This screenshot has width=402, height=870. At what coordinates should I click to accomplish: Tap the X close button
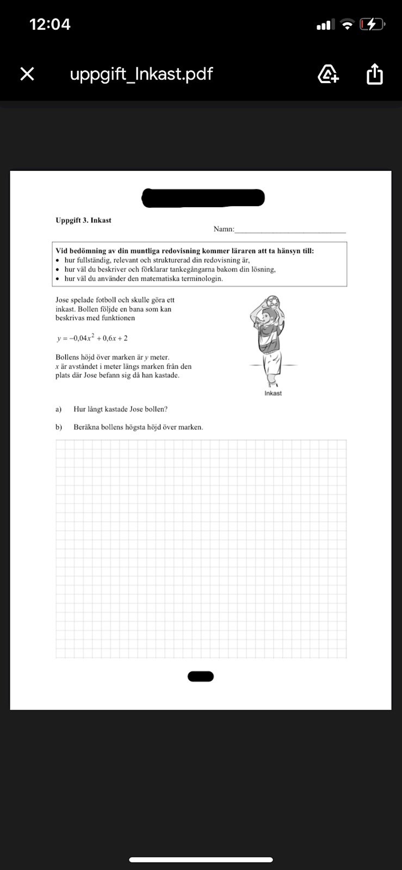click(x=27, y=74)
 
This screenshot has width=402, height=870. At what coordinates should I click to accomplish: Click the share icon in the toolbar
click(x=375, y=74)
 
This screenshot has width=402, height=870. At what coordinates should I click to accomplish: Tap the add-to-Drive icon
click(x=328, y=74)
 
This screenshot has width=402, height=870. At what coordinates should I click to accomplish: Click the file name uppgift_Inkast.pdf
click(x=141, y=74)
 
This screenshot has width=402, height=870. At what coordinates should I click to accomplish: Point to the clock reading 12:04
click(x=50, y=24)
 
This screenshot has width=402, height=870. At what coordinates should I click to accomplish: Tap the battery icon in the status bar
click(x=372, y=24)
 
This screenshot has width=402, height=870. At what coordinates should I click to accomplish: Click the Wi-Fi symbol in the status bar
click(x=347, y=24)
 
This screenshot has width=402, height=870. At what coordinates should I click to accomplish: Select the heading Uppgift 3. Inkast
click(x=83, y=220)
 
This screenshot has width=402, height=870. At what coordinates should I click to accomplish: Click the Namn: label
click(x=224, y=229)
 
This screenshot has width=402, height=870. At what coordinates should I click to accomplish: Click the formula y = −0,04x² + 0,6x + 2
click(x=92, y=338)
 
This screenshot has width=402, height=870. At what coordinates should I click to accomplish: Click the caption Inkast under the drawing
click(x=273, y=393)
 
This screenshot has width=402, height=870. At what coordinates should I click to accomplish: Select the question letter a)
click(x=59, y=409)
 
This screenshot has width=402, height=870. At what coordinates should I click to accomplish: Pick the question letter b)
click(x=59, y=427)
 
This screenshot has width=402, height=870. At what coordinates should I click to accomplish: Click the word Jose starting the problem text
click(x=63, y=300)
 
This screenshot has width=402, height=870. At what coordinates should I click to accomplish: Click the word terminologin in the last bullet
click(x=201, y=278)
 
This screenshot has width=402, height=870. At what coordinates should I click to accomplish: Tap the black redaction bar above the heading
click(x=203, y=198)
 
